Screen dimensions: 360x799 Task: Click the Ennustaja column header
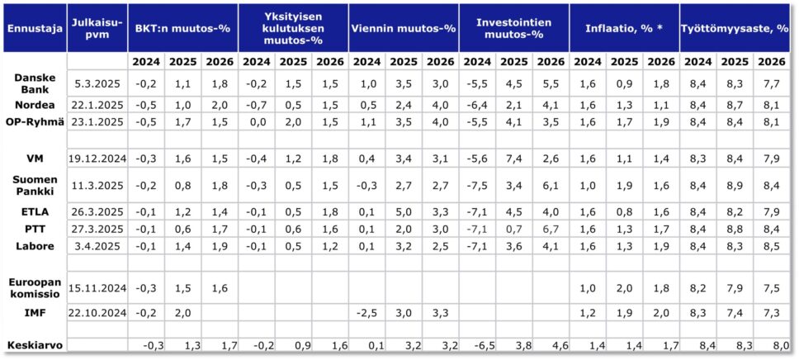(34, 29)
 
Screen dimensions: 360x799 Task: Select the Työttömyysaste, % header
(735, 29)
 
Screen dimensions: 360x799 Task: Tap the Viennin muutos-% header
(404, 29)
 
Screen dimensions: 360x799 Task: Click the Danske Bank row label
(34, 83)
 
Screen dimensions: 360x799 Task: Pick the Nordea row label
(34, 105)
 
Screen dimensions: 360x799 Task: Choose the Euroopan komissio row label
(34, 288)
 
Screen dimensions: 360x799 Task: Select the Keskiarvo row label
(34, 345)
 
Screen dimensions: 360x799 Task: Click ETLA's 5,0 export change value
(404, 211)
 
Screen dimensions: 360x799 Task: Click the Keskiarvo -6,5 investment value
(477, 345)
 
